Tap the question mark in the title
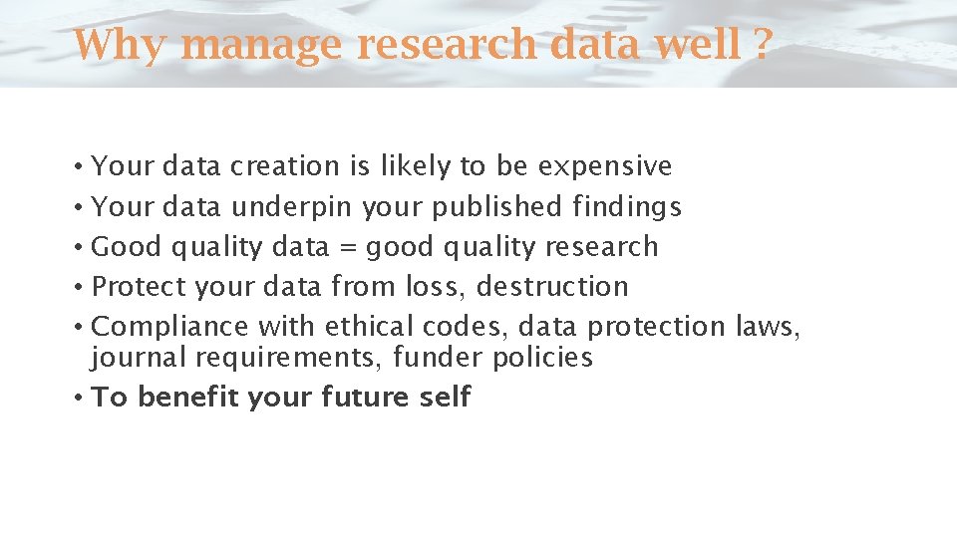[x=763, y=45]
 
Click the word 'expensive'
[x=605, y=167]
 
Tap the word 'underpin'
[x=291, y=207]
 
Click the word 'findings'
[x=627, y=207]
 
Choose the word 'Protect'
[x=139, y=287]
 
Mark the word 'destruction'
[x=552, y=287]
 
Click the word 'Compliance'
[x=169, y=327]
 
